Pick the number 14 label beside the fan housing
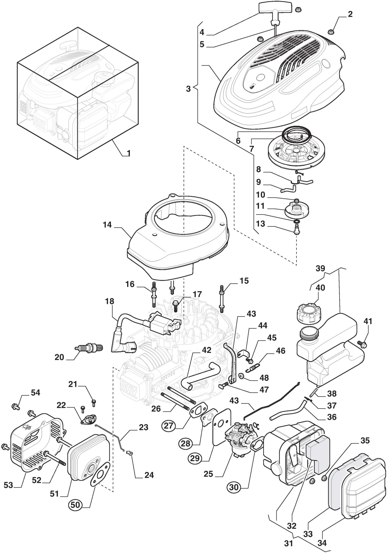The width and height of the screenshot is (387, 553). [107, 225]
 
